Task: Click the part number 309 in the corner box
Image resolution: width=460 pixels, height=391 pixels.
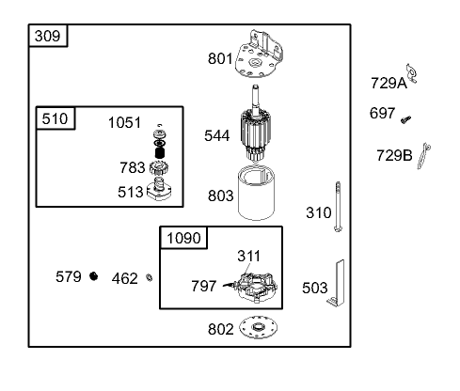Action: coord(47,36)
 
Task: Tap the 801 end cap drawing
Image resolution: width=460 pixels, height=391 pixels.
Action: coord(259,55)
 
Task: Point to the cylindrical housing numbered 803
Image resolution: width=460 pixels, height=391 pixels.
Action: coord(256,193)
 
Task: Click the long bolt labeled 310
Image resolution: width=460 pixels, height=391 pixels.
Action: coord(338,207)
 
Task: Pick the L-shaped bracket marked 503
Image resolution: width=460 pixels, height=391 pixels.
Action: coord(338,284)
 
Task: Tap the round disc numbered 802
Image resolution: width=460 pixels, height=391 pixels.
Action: coord(258,327)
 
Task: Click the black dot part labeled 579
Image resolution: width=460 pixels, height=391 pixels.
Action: coord(93,276)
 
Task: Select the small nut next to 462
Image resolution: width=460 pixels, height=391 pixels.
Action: coord(150,277)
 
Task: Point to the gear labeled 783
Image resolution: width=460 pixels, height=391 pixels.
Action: coord(159,168)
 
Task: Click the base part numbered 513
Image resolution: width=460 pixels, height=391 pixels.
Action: coord(159,189)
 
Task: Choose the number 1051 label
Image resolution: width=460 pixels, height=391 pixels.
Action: coord(124,122)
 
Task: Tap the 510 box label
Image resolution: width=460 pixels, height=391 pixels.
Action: coord(55,118)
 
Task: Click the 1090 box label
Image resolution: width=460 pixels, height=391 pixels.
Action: coord(183,238)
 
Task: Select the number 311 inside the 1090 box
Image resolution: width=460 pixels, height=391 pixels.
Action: coord(248,256)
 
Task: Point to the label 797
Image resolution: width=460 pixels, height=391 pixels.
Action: coord(204,286)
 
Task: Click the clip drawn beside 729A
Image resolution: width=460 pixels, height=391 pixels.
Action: coord(411,73)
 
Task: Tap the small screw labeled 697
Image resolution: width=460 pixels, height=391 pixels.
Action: coord(405,119)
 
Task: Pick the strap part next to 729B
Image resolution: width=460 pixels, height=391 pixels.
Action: coord(423,156)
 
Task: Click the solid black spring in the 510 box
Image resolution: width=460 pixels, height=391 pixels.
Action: coord(160,152)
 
